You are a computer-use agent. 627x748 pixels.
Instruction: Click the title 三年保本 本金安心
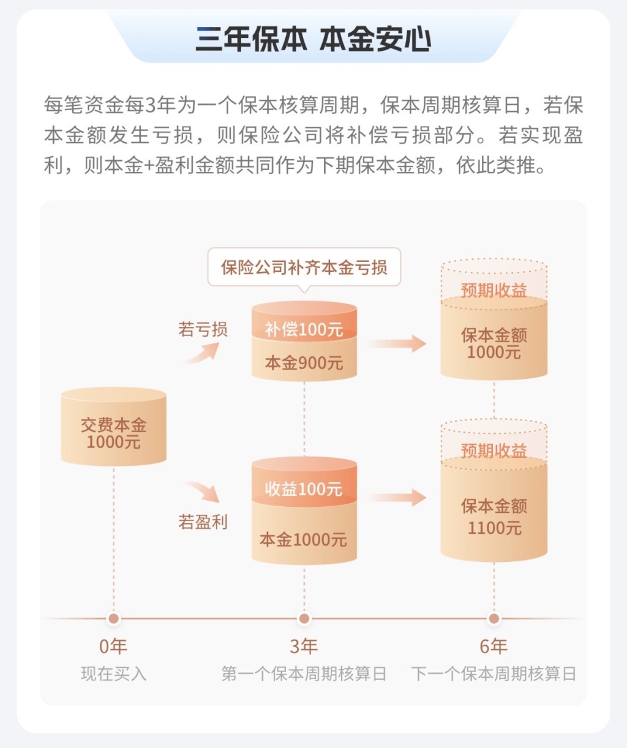[313, 39]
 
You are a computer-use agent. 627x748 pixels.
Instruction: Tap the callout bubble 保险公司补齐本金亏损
[304, 267]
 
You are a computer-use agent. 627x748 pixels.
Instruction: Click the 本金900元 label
[304, 362]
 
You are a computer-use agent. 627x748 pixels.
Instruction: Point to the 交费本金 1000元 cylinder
[113, 426]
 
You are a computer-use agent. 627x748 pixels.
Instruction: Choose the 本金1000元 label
[304, 539]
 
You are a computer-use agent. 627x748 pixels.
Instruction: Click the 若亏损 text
[203, 329]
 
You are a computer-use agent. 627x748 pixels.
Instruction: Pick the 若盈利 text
[203, 522]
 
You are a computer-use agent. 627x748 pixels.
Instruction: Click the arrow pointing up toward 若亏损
[203, 354]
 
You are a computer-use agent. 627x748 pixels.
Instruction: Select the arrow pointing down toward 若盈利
[203, 492]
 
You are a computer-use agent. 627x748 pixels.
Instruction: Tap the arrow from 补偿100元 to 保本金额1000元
[397, 343]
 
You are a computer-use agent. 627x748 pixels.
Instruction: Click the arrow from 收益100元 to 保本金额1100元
[397, 498]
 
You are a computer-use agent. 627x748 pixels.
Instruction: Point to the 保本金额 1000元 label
[494, 343]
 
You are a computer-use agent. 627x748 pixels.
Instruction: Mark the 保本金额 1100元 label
[494, 517]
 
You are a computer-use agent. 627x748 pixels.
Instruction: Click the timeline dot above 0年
[113, 619]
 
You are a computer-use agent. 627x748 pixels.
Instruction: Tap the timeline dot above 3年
[304, 619]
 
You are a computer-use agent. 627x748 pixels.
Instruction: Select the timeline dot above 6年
[494, 619]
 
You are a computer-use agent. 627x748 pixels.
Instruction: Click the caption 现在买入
[113, 674]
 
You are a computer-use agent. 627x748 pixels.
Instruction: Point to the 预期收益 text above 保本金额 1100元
[494, 451]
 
